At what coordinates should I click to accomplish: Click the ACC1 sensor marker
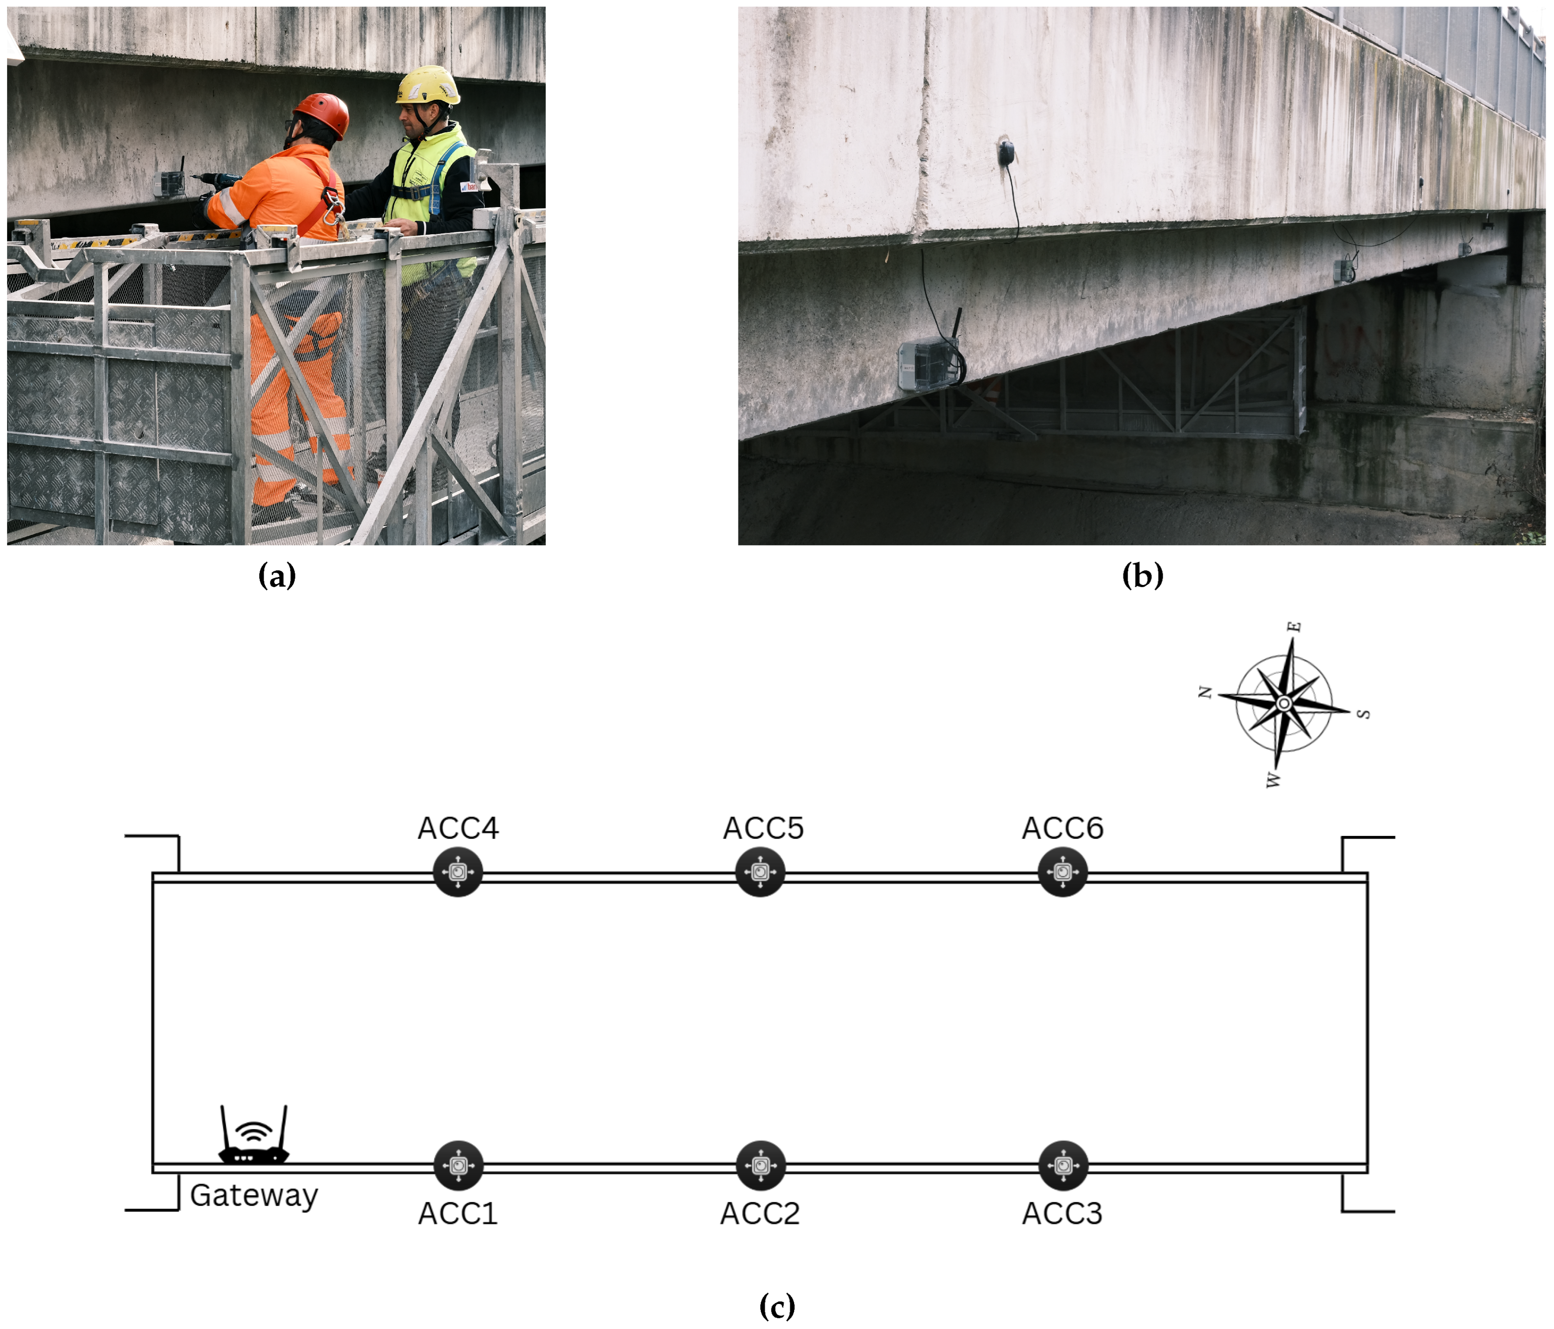[458, 1166]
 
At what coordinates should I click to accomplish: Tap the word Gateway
[254, 1195]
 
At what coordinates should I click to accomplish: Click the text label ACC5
[763, 828]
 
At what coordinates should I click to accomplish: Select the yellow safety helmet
[428, 86]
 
